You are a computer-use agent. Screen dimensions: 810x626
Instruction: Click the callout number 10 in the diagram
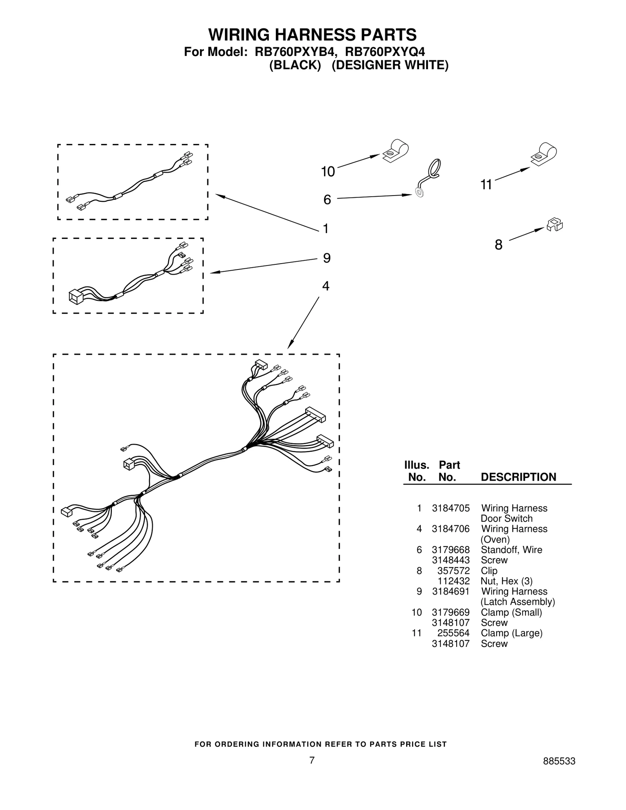click(328, 172)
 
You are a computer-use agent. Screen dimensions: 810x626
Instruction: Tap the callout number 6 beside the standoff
click(327, 200)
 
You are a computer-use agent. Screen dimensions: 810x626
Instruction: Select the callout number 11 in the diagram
click(486, 185)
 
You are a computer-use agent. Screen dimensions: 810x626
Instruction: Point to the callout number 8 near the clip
click(498, 245)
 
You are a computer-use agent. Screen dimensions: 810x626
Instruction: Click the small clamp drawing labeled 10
click(396, 151)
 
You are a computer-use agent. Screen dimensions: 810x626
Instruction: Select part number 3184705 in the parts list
click(450, 508)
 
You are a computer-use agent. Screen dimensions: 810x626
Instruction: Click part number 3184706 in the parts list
click(450, 529)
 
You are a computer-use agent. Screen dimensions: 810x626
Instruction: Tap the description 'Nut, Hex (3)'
click(506, 581)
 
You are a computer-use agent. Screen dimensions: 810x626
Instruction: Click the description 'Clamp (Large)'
click(511, 633)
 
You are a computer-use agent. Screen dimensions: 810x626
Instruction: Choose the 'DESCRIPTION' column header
click(518, 477)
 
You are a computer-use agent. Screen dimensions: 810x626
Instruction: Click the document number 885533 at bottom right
click(559, 762)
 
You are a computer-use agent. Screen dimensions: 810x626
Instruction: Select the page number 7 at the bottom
click(312, 760)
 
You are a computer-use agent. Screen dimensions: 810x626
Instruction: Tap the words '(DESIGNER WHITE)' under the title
click(390, 65)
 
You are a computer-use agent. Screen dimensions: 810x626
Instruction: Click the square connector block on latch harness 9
click(75, 296)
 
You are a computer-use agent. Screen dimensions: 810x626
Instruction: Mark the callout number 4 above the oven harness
click(326, 286)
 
